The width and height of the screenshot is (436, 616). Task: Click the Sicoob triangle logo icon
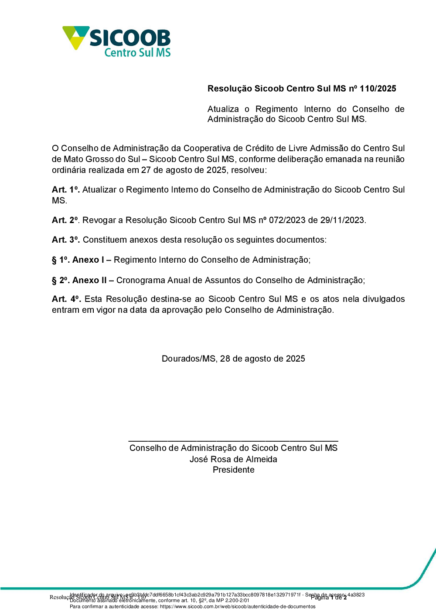coord(75,37)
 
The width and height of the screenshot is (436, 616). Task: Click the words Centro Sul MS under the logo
coord(137,53)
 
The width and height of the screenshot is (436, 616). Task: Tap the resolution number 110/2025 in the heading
coord(378,88)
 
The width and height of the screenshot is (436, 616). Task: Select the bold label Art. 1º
coord(65,190)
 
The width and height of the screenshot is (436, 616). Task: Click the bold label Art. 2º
coord(65,220)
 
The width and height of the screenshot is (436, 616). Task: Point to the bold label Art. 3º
coord(65,240)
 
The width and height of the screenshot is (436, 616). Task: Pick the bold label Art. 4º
coord(66,299)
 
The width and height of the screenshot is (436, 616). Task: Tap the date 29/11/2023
coord(342,220)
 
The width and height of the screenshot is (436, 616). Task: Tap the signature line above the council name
coord(233,441)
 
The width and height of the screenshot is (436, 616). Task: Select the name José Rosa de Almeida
coord(233,459)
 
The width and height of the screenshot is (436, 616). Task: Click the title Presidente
coord(233,470)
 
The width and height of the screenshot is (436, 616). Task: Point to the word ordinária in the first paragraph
coord(69,170)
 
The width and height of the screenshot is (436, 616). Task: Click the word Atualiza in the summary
coord(223,109)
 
